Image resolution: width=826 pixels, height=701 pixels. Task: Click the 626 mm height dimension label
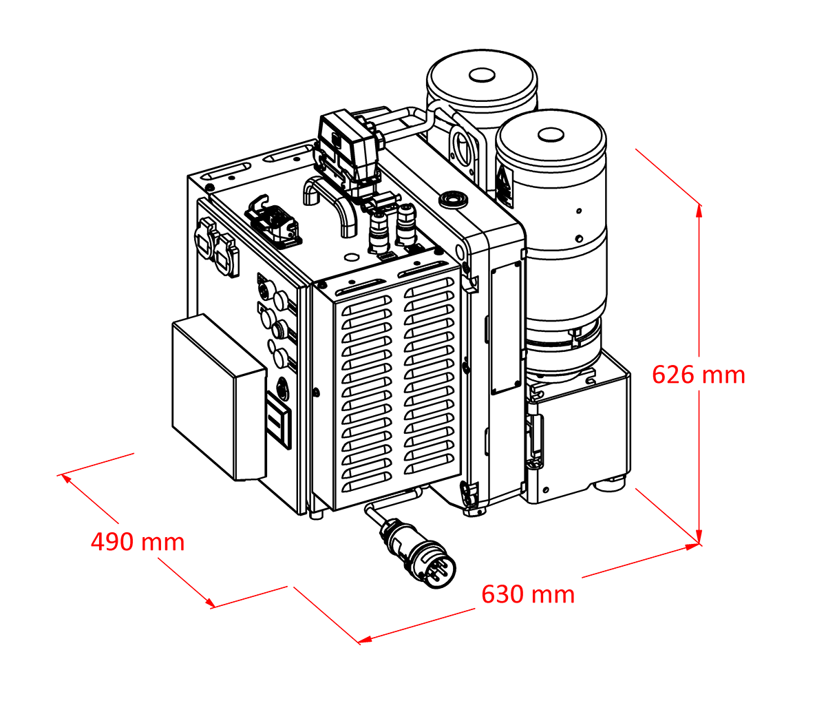tap(698, 375)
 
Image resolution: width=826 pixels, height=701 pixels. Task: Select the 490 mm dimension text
tap(138, 542)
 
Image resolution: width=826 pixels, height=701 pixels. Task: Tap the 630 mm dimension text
tap(527, 594)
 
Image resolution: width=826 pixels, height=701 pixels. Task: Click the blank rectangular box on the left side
tap(217, 398)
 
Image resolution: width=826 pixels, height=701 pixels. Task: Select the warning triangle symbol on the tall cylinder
tap(505, 188)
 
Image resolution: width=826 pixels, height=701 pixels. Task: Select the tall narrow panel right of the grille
tap(506, 326)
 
